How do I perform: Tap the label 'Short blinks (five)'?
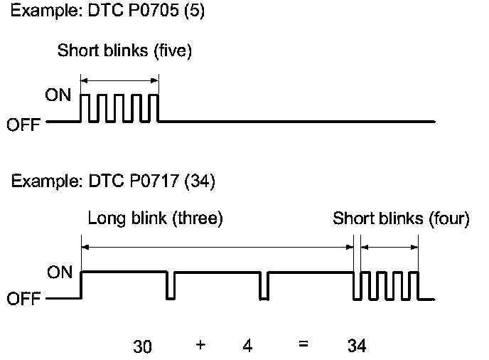(125, 51)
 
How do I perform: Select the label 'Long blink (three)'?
(156, 219)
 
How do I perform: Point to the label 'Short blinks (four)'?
(401, 219)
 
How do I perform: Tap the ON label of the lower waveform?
(59, 272)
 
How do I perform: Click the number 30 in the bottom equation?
(142, 347)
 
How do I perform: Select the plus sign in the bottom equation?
(200, 346)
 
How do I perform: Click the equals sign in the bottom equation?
(303, 346)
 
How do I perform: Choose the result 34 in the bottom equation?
(357, 347)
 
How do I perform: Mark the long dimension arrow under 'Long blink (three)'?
(217, 247)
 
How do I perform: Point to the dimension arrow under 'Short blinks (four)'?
(389, 247)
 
